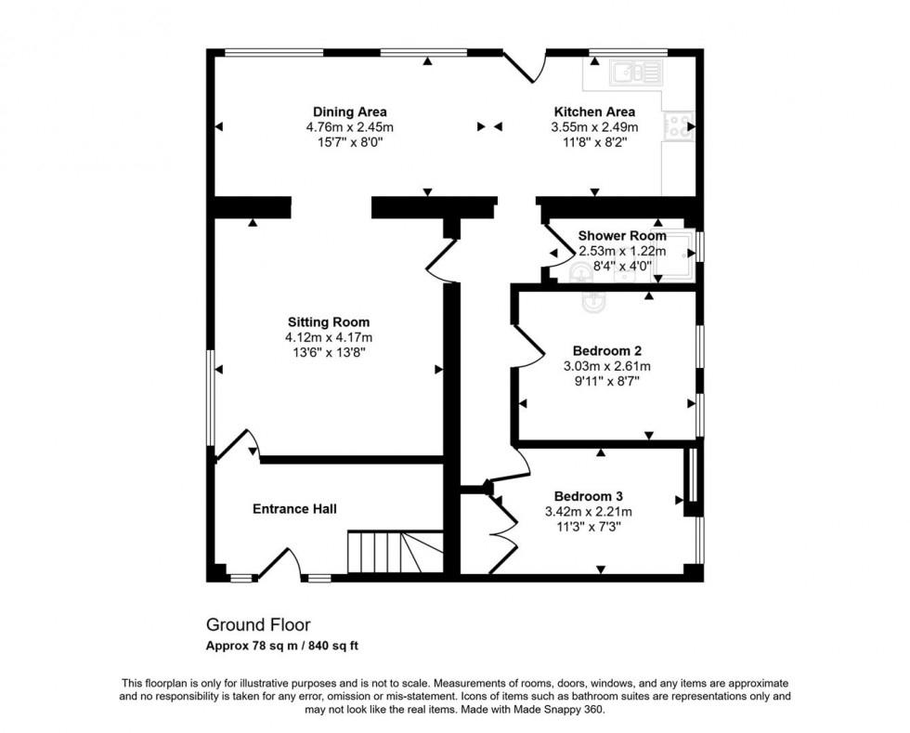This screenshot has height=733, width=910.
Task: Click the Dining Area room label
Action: click(x=350, y=112)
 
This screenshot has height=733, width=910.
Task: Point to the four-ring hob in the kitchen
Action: click(x=678, y=125)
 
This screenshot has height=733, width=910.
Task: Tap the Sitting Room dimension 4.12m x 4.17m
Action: click(x=330, y=338)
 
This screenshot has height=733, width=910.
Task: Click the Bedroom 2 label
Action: click(x=607, y=351)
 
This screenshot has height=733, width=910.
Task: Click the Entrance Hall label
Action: click(x=294, y=509)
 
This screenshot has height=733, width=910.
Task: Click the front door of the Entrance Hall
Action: click(x=282, y=563)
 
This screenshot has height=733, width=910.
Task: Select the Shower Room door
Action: click(x=555, y=253)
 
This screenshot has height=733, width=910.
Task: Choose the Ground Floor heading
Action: click(x=258, y=625)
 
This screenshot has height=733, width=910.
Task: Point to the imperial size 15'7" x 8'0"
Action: click(x=350, y=142)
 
